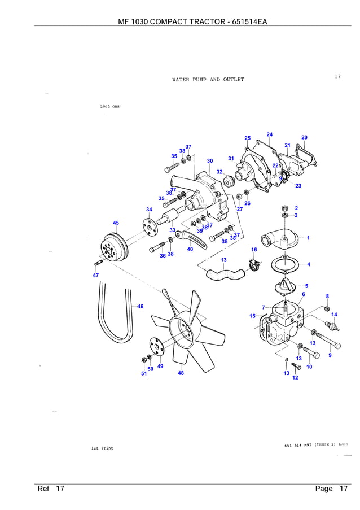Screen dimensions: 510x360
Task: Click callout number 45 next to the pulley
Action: pyautogui.click(x=116, y=223)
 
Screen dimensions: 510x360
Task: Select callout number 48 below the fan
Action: pyautogui.click(x=181, y=373)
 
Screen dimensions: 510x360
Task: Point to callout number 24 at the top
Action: pyautogui.click(x=270, y=134)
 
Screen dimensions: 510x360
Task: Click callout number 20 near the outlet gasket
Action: pyautogui.click(x=305, y=137)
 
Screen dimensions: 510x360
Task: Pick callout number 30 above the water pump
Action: pyautogui.click(x=209, y=161)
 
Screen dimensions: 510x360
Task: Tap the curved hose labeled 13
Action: pyautogui.click(x=224, y=275)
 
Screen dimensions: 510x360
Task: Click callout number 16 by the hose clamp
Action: pyautogui.click(x=254, y=249)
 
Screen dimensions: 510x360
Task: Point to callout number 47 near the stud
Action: pyautogui.click(x=96, y=274)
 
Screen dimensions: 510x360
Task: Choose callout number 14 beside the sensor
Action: pyautogui.click(x=334, y=314)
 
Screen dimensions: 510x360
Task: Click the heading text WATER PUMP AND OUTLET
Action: pyautogui.click(x=208, y=80)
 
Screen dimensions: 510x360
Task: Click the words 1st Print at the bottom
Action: pyautogui.click(x=102, y=448)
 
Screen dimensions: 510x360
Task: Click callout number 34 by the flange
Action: pyautogui.click(x=149, y=210)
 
